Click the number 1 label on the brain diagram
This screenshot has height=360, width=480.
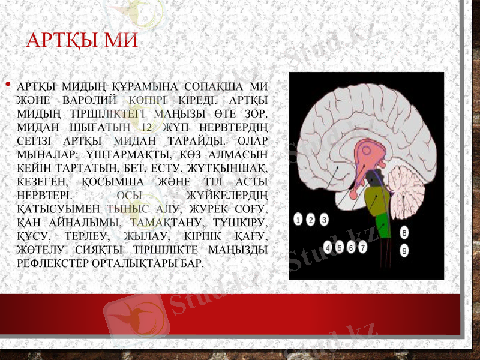coord(298,220)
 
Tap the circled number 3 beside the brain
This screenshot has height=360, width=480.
coord(324,220)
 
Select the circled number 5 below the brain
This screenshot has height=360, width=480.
coord(340,247)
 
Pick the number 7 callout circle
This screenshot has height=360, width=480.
coord(363,247)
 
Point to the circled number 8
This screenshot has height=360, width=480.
coord(404,232)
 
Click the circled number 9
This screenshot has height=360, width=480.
coord(404,250)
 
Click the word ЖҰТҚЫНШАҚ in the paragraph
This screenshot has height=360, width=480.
coord(233,169)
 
